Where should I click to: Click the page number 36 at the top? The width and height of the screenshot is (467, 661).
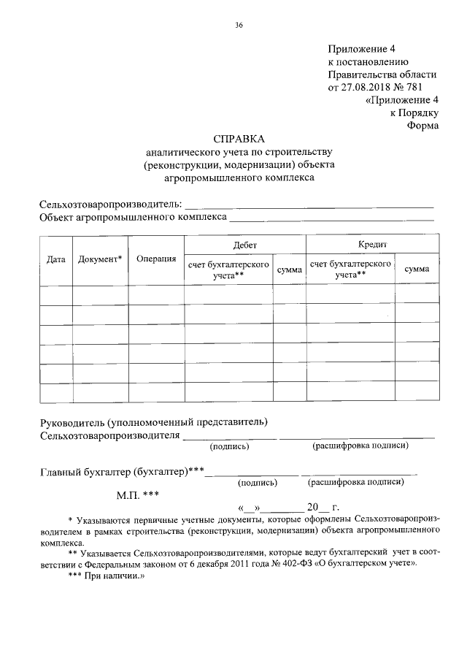(239, 26)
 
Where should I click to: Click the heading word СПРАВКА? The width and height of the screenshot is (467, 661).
(239, 138)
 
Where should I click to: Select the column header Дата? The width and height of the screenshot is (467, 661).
(55, 259)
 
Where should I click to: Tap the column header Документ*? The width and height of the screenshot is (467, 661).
(100, 259)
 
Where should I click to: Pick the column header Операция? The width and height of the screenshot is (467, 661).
(155, 259)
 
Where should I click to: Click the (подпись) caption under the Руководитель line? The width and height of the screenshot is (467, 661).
(229, 446)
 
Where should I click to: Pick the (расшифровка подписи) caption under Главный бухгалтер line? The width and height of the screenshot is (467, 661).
(355, 482)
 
